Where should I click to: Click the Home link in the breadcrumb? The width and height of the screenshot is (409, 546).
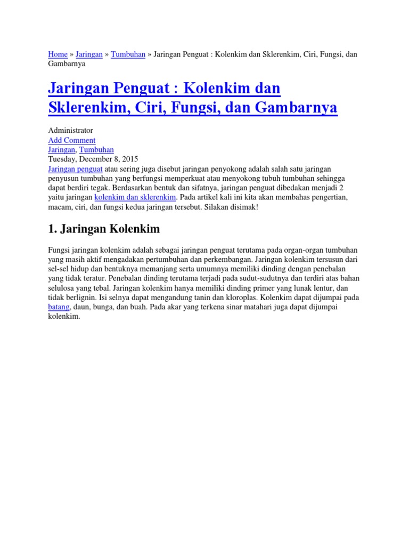coord(58,54)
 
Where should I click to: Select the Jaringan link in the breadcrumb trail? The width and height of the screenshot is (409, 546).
coord(89,54)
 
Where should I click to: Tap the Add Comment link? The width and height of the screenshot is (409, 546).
coord(72,140)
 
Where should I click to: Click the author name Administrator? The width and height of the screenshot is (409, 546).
coord(70,131)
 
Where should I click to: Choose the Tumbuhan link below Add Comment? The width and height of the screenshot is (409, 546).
coord(96,150)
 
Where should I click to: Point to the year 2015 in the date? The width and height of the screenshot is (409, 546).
coord(129,159)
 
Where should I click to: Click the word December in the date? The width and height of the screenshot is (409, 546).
coord(93,159)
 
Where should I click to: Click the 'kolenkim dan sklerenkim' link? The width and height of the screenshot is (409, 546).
coord(135,197)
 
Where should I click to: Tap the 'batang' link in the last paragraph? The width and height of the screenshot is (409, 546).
coord(59,307)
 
